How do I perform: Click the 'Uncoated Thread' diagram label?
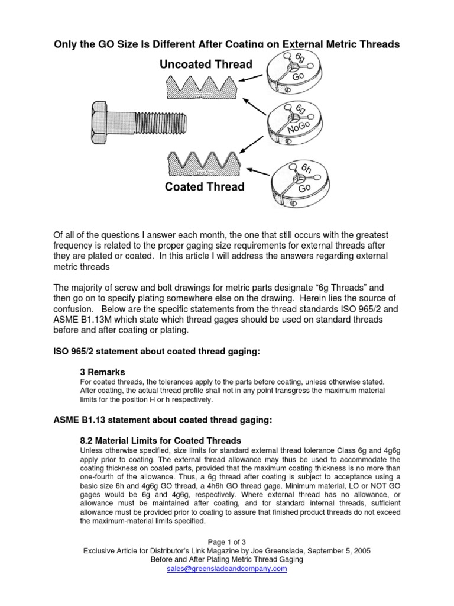(206, 64)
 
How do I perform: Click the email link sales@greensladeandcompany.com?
(227, 569)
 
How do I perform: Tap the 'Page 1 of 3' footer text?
(227, 541)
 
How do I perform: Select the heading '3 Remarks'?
(102, 372)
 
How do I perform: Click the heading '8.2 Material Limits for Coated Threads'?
(160, 440)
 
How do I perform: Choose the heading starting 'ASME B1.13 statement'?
(163, 420)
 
